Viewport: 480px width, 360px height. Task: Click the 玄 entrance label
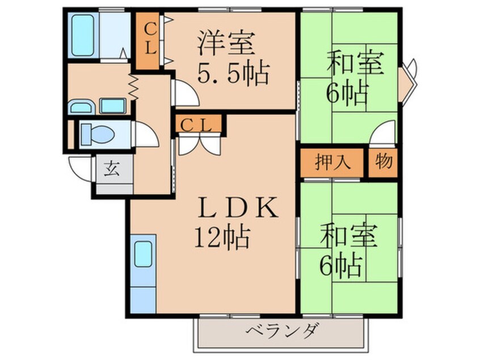[112, 169]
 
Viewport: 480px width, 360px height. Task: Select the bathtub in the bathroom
[83, 35]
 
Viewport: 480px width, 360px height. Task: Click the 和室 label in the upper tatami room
[356, 63]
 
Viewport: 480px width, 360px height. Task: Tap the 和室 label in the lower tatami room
[348, 236]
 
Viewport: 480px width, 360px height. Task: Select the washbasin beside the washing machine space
[81, 107]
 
